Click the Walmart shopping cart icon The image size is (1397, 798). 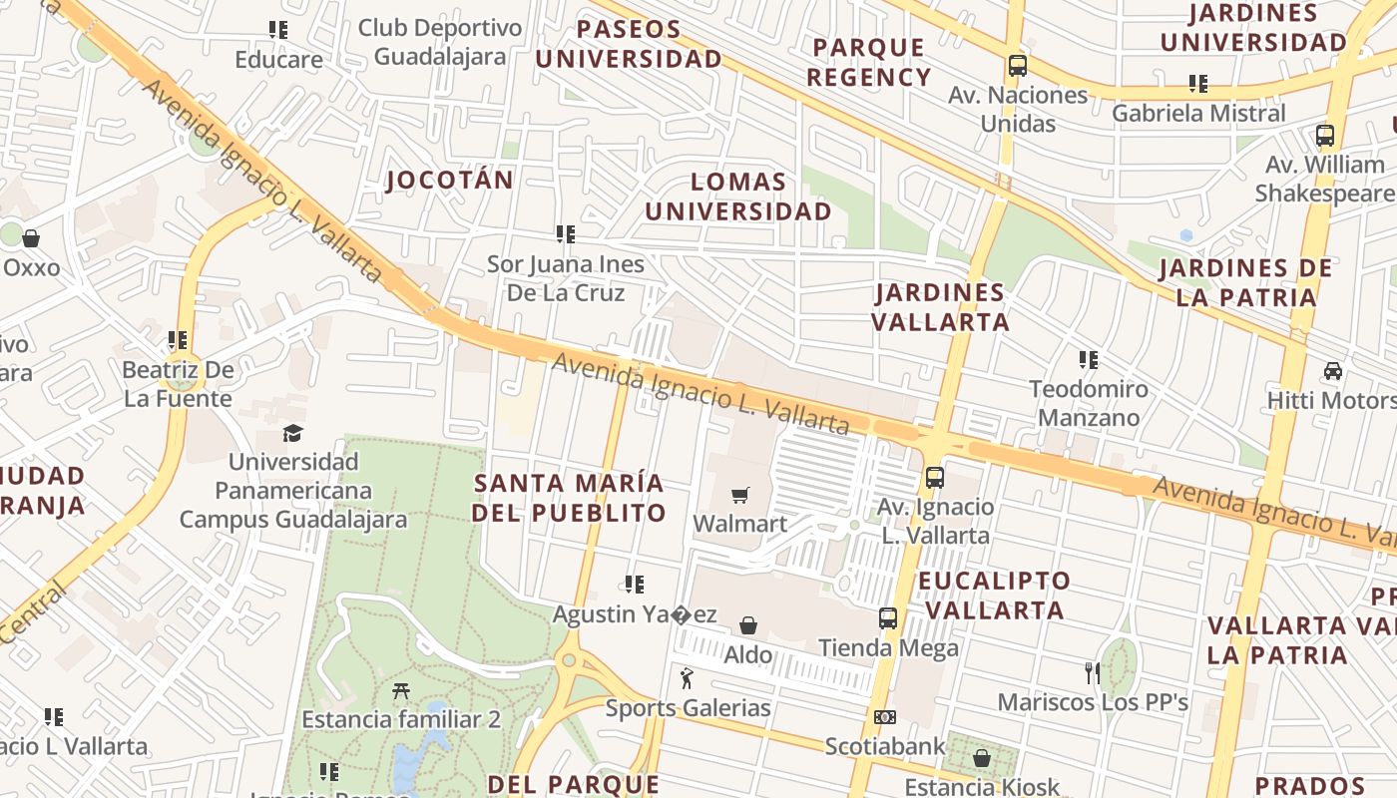(739, 496)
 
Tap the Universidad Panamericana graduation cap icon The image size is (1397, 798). (292, 434)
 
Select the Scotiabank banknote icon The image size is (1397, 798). (884, 717)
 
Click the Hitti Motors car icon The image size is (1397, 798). (1332, 371)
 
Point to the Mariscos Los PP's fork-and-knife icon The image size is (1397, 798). (1093, 673)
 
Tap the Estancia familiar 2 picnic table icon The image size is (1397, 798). (401, 690)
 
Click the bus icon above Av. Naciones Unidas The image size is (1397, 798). (1017, 66)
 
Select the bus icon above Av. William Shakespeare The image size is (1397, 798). (1324, 136)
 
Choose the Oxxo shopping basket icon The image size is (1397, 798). (31, 238)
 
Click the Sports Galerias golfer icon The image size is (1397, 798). (687, 679)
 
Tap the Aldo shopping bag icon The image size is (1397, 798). (747, 625)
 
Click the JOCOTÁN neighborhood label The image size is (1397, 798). (450, 181)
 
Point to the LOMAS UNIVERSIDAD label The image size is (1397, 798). (737, 197)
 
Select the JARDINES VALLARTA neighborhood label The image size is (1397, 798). (940, 307)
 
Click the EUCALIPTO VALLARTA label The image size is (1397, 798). (994, 596)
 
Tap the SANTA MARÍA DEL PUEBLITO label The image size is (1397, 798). (569, 498)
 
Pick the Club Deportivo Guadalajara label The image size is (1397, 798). (440, 42)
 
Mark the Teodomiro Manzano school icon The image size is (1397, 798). (1089, 359)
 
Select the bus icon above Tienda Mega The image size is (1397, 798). (888, 618)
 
